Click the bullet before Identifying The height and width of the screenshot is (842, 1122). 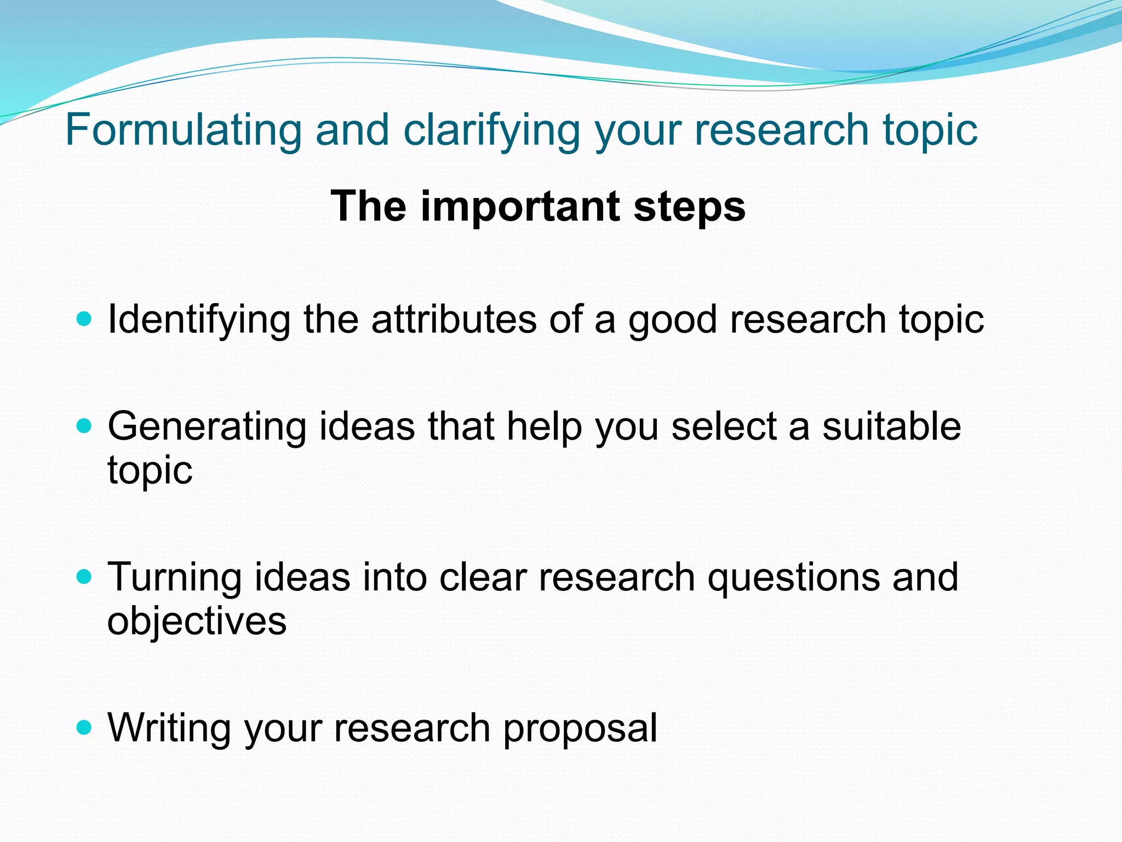83,318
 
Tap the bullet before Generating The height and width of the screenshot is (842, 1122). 83,426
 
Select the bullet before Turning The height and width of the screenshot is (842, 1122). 83,577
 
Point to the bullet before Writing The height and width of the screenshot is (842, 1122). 83,727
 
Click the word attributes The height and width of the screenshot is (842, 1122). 454,319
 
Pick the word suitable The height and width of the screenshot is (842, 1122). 891,426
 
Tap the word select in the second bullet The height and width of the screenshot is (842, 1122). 724,426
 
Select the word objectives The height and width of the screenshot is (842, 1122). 197,621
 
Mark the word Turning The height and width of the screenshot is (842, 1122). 175,578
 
